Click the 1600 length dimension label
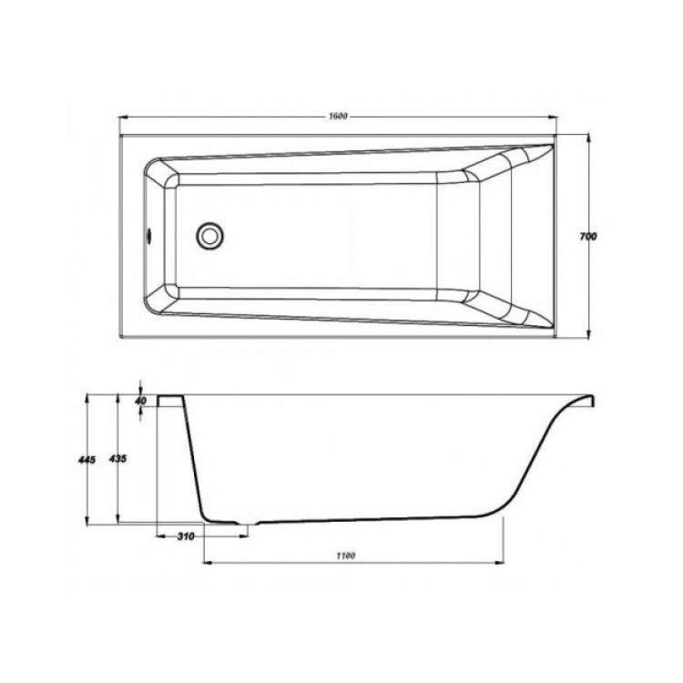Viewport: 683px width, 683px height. coord(338,116)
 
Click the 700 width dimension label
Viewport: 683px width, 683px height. coord(587,237)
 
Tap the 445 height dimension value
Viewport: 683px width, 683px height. coord(87,459)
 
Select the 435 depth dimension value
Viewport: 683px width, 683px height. coord(117,459)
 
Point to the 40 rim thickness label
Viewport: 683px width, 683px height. coord(140,401)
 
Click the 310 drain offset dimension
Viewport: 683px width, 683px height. coord(186,536)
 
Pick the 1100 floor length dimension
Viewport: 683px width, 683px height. coord(345,556)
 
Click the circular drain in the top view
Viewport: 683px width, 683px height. coord(210,236)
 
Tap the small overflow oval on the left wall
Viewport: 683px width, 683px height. coord(149,236)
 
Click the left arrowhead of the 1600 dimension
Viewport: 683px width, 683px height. coord(122,117)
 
